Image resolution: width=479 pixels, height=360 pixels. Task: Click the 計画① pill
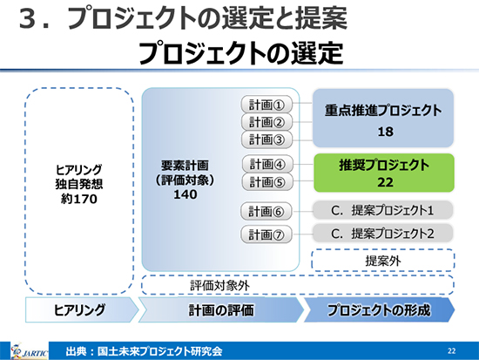tap(266, 105)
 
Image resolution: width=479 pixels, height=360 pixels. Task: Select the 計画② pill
tap(266, 122)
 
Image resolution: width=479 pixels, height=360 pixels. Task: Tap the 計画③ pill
tap(266, 139)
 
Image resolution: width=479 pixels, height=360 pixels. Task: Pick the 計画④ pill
tap(267, 164)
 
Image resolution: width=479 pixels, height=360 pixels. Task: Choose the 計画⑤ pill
tap(267, 182)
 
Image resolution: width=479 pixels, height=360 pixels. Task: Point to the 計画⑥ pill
tap(266, 211)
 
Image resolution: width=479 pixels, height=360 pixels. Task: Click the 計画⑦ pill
tap(266, 234)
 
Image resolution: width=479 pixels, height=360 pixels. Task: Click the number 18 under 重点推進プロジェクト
tap(385, 132)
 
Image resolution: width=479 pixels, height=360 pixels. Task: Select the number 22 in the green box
tap(385, 182)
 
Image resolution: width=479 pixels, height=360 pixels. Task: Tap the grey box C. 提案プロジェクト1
tap(382, 210)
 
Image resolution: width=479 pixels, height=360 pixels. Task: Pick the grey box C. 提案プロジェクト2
tap(382, 234)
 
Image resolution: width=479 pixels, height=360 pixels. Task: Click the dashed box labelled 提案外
tap(383, 261)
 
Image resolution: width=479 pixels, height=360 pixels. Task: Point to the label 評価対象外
tap(219, 286)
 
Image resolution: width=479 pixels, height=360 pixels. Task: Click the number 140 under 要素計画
tap(186, 194)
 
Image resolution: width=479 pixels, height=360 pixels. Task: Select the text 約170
tap(79, 199)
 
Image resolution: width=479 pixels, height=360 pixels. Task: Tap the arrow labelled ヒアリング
tap(82, 309)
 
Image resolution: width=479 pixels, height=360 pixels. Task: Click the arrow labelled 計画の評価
tap(221, 309)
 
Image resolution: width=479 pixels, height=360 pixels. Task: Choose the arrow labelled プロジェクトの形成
tap(379, 309)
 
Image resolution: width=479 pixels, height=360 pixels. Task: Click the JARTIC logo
tap(29, 351)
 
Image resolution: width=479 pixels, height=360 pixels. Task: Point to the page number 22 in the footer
tap(451, 350)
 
